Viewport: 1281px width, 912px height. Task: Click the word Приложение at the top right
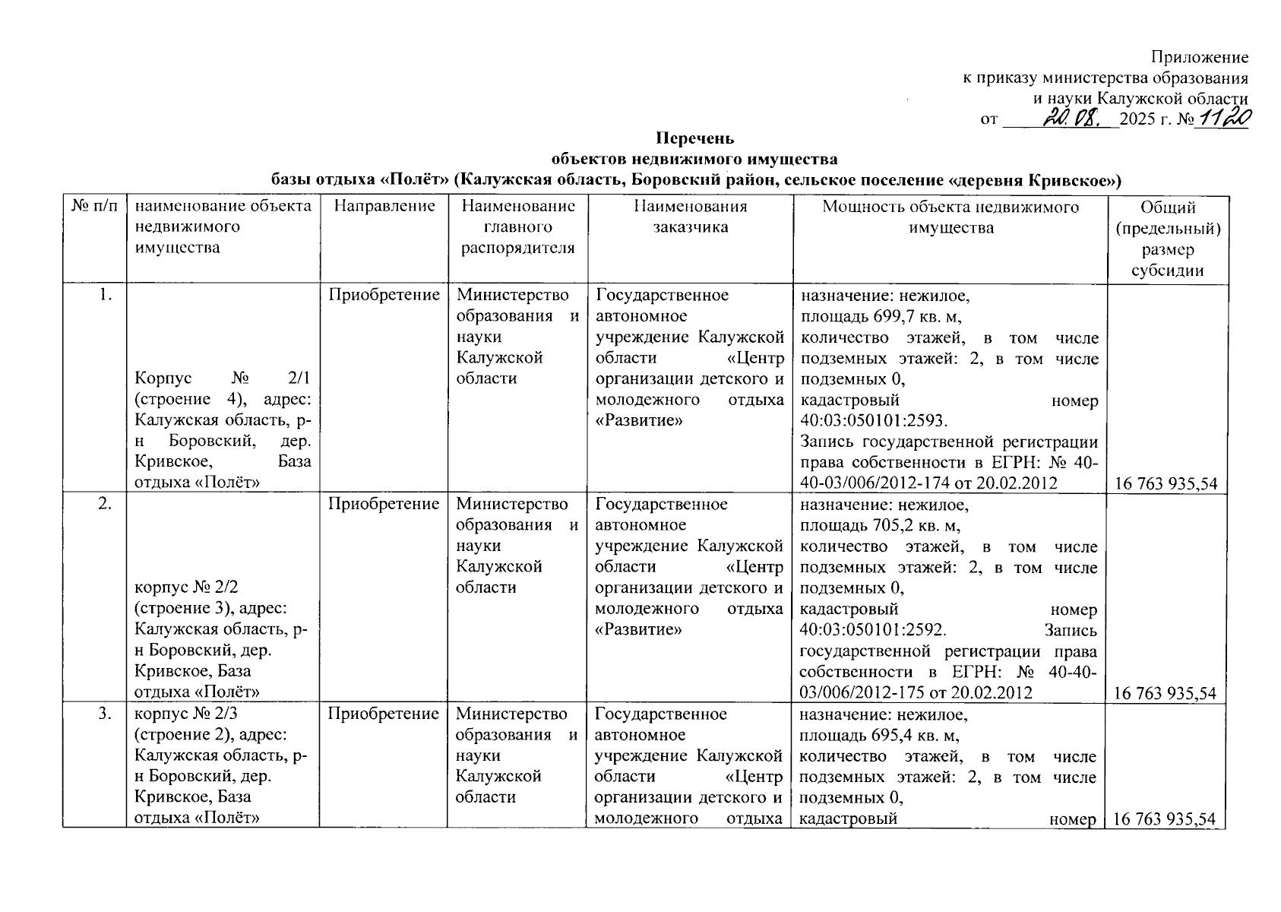click(x=1200, y=57)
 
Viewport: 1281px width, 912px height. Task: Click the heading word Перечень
click(x=695, y=138)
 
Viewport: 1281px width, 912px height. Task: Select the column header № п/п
click(x=95, y=206)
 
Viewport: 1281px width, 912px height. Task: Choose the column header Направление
click(x=384, y=206)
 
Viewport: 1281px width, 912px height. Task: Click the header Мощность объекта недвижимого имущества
click(x=950, y=217)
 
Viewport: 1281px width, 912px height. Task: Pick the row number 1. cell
click(x=106, y=296)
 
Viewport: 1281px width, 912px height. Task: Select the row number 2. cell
click(x=106, y=505)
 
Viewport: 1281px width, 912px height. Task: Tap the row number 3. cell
click(x=106, y=714)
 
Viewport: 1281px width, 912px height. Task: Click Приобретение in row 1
click(x=384, y=295)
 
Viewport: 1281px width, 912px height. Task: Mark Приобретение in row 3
click(x=384, y=714)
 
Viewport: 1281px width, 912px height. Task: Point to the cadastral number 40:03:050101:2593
click(x=874, y=421)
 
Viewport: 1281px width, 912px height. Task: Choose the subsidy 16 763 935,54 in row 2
click(x=1166, y=693)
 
